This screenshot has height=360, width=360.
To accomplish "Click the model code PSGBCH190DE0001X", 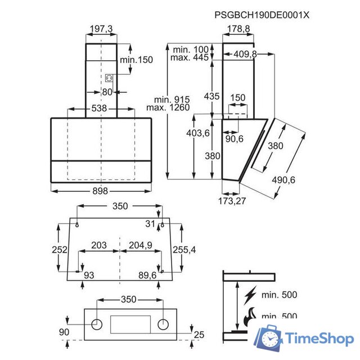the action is click(x=262, y=15).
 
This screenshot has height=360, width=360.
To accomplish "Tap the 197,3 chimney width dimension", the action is click(x=101, y=29).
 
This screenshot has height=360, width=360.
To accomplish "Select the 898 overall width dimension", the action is click(x=100, y=191).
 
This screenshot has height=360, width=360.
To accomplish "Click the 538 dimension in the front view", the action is click(x=99, y=108).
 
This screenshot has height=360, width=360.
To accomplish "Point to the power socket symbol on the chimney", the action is click(x=109, y=78).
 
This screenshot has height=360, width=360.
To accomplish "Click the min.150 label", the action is click(x=136, y=60).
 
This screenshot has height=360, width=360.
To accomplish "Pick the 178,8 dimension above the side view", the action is click(x=238, y=29).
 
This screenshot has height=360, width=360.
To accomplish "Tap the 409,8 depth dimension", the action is click(x=245, y=54).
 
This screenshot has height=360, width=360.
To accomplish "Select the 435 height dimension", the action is click(x=211, y=96).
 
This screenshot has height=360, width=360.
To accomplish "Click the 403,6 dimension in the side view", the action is click(x=198, y=133).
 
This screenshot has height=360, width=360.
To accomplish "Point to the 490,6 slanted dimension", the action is click(x=283, y=180).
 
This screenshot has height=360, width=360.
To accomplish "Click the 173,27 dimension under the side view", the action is click(x=232, y=201).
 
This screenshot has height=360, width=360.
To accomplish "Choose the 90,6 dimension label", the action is click(x=234, y=139).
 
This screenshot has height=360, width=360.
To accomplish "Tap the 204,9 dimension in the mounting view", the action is click(x=141, y=245).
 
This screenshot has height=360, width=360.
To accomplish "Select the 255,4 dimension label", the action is click(x=184, y=250).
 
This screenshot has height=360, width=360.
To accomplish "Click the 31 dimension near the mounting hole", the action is click(x=150, y=224).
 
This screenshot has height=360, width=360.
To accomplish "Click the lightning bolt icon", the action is click(x=250, y=295).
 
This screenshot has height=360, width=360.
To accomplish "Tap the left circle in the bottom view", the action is click(x=97, y=325).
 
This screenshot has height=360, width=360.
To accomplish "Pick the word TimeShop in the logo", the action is click(x=319, y=338).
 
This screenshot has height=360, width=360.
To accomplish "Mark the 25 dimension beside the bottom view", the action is click(x=199, y=335).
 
